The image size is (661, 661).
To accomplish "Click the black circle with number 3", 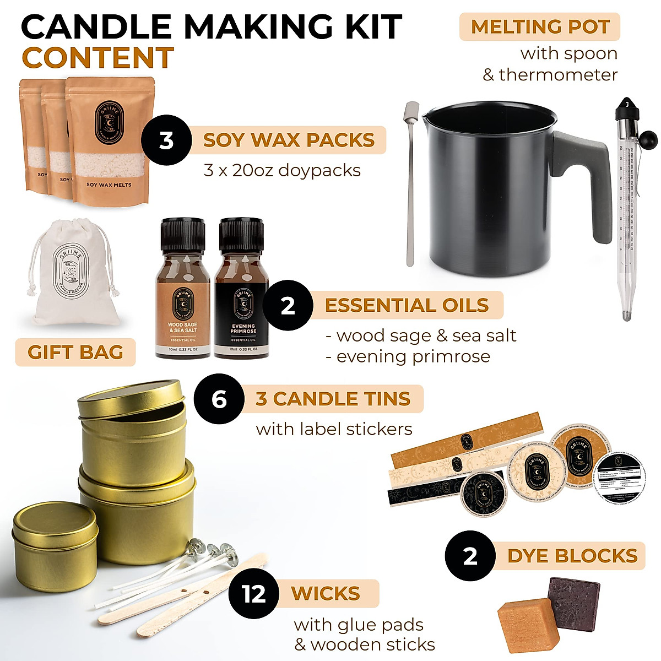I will point(166,140).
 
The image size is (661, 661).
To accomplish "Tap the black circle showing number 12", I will point(254,594).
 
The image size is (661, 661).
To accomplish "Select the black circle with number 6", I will point(219,399).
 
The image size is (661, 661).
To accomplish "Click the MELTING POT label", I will point(539,26).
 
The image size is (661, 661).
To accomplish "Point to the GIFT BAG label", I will point(75,353).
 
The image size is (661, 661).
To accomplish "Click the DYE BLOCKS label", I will point(572,556).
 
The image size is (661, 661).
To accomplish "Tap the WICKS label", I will point(326,593).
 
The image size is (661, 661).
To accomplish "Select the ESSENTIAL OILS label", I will point(407,305).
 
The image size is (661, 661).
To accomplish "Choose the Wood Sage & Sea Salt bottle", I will point(183,292).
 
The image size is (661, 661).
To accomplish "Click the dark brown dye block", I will point(573,600).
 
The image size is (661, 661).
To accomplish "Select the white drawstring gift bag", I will point(75,275).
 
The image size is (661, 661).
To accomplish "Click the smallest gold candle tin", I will point(55,537).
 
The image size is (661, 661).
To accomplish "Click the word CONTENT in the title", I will point(97,58).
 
